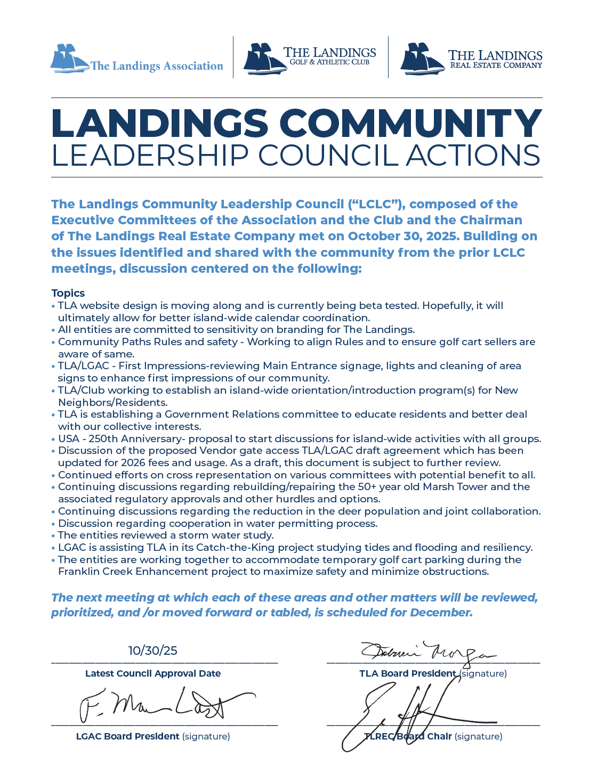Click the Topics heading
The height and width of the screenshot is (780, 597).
click(x=68, y=293)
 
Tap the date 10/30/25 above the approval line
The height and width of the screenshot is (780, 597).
click(x=152, y=651)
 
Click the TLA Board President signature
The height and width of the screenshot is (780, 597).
click(x=426, y=651)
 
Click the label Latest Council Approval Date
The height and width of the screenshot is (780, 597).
click(x=153, y=673)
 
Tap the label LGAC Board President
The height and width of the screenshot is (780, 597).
click(x=127, y=736)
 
